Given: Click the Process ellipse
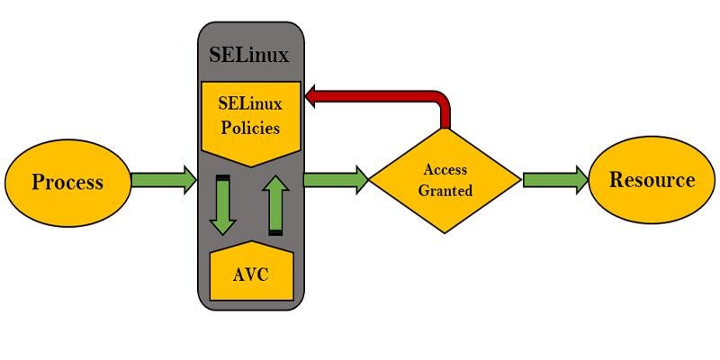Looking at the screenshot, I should click(x=67, y=182).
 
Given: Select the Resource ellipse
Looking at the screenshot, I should click(x=652, y=180).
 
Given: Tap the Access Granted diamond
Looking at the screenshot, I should click(x=445, y=180).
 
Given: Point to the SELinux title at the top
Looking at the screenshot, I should click(x=249, y=55).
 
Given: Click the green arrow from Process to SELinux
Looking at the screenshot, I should click(x=163, y=180).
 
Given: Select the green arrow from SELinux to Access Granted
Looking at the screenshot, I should click(x=335, y=180).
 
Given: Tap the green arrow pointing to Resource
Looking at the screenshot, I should click(x=554, y=180).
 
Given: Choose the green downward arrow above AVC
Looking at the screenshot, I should click(x=222, y=207).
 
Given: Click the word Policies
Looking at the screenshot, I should click(x=250, y=128).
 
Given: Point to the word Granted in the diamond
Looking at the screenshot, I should click(x=445, y=190).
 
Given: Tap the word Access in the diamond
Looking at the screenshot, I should click(x=445, y=169).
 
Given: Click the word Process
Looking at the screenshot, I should click(x=67, y=182).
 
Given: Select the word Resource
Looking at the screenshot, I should click(x=652, y=180).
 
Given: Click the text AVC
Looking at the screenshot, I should click(x=251, y=275).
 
